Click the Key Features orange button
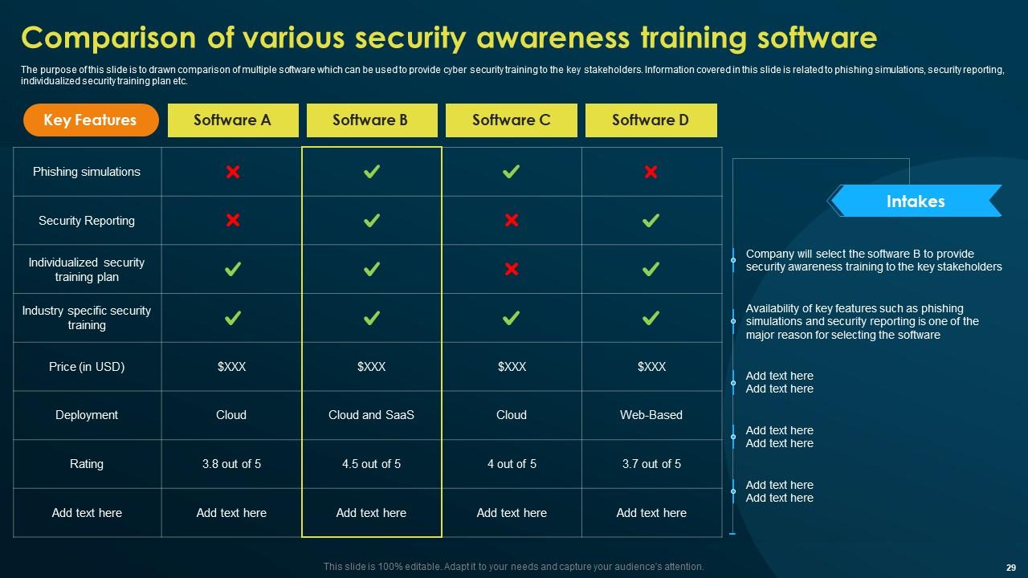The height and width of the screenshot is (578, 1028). [90, 120]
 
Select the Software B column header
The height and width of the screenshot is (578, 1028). [370, 120]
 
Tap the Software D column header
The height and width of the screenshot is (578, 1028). [651, 120]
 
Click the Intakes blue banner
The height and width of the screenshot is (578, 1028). [916, 201]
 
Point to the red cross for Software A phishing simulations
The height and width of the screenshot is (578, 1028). [232, 172]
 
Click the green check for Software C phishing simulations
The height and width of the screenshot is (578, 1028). [511, 172]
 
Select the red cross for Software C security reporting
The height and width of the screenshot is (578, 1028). [511, 221]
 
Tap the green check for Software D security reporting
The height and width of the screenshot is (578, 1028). [651, 221]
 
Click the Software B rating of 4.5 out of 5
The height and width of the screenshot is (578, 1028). [371, 464]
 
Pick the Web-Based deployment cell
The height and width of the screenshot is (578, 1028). [651, 415]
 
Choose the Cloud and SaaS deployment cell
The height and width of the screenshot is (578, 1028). [371, 415]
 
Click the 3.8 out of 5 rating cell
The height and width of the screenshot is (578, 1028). [231, 464]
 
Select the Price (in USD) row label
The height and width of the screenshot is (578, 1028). [87, 367]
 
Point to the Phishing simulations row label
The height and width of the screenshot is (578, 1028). [87, 172]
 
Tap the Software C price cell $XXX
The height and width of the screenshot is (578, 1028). [512, 367]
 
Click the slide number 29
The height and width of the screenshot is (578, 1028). [1010, 567]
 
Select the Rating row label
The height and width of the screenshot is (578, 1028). [87, 464]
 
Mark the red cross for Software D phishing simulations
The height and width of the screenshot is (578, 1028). [651, 172]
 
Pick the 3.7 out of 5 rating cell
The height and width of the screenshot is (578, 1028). [651, 464]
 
